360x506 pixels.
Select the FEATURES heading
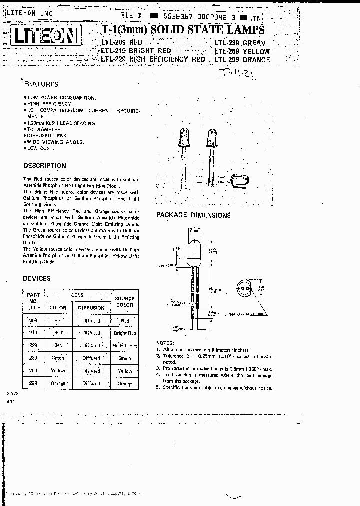[41, 84]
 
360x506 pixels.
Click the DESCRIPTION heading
[45, 166]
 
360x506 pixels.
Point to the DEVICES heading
[37, 278]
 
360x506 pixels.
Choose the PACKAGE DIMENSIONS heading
[194, 215]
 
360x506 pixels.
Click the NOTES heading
[165, 343]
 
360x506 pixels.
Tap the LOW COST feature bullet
[39, 149]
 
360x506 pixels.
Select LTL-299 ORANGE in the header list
[242, 60]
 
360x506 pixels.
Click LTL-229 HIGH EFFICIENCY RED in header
[153, 59]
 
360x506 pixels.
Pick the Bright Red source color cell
[125, 333]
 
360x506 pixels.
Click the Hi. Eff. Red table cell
[125, 346]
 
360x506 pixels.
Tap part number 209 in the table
[33, 320]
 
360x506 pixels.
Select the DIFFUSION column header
[91, 308]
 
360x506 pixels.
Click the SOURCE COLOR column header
[125, 301]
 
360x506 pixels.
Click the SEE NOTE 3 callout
[167, 266]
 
